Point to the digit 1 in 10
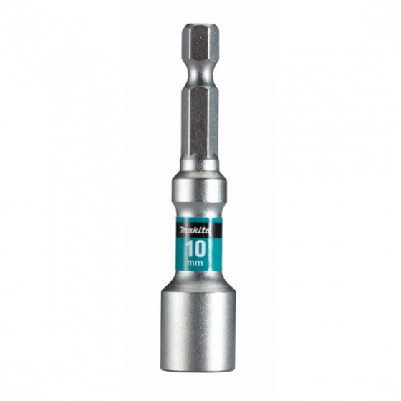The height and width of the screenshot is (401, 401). [x=190, y=248]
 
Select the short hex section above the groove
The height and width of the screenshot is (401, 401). [x=199, y=50]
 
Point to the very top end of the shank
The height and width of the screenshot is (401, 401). [x=199, y=26]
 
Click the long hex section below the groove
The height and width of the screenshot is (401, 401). [x=199, y=122]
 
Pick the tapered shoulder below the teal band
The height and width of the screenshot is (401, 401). [x=198, y=281]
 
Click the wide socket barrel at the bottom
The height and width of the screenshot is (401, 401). [x=198, y=322]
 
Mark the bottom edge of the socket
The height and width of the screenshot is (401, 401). [x=198, y=370]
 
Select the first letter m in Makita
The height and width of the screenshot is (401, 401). [x=181, y=230]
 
